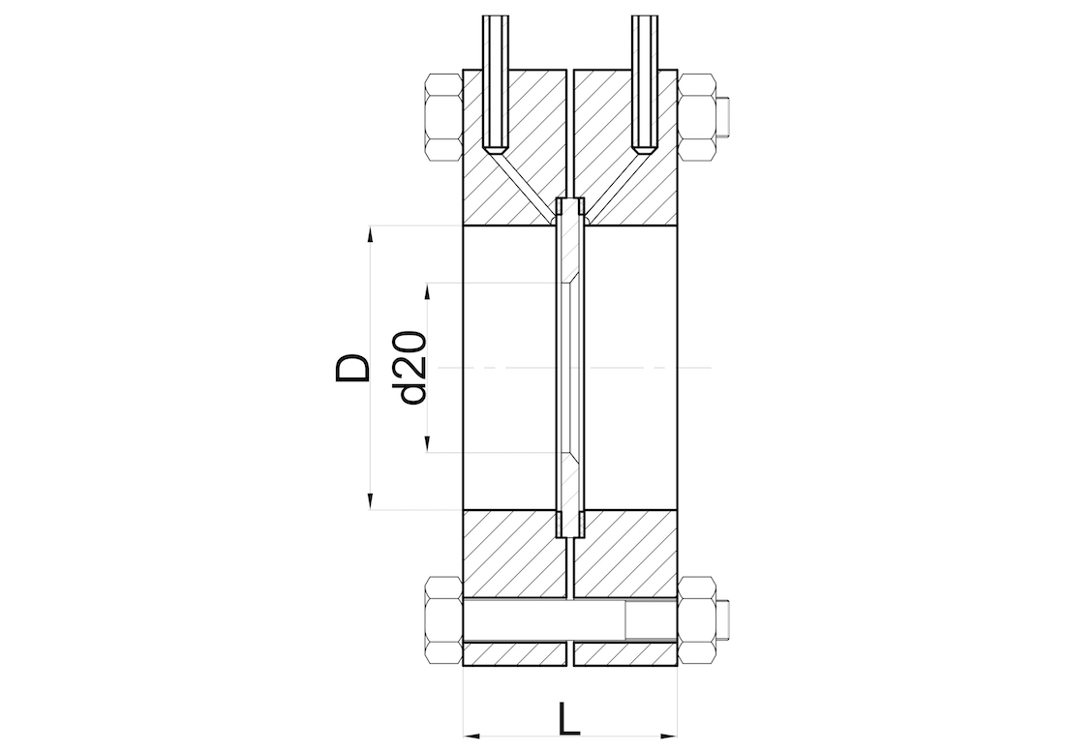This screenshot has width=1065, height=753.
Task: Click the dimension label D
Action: (x=353, y=368)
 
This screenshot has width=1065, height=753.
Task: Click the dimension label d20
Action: (x=412, y=368)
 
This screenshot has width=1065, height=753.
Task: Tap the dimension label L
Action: (x=569, y=719)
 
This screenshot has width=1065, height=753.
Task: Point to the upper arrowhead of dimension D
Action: (x=370, y=234)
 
